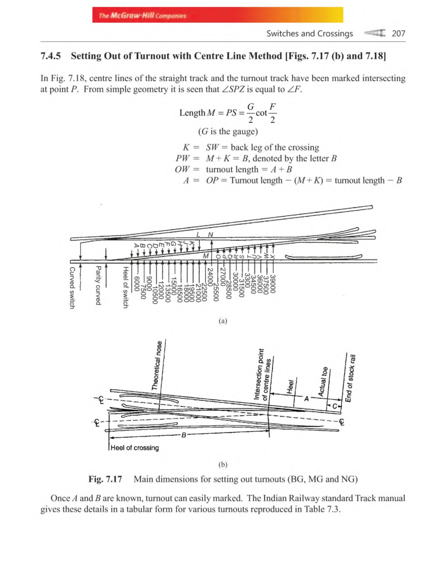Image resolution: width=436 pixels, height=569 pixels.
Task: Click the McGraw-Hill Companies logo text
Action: pyautogui.click(x=142, y=16)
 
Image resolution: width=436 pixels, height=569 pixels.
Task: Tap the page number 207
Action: pyautogui.click(x=398, y=33)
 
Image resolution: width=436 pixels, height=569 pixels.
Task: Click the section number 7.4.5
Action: pyautogui.click(x=51, y=56)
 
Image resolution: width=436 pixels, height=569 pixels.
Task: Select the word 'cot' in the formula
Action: pyautogui.click(x=261, y=113)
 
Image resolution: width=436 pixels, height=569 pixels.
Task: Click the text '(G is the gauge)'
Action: pyautogui.click(x=228, y=131)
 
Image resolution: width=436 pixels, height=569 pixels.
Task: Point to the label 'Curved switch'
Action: pyautogui.click(x=72, y=288)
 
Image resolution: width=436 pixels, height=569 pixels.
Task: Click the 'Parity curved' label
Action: pyautogui.click(x=98, y=285)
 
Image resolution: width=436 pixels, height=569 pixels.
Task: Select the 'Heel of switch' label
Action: pyautogui.click(x=125, y=287)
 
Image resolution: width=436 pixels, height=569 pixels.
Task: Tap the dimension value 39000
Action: pyautogui.click(x=273, y=284)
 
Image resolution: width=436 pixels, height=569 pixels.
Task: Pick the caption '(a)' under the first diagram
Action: pyautogui.click(x=223, y=320)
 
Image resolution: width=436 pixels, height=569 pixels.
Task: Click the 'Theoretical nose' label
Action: pyautogui.click(x=157, y=365)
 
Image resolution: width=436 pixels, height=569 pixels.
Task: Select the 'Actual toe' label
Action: pyautogui.click(x=322, y=381)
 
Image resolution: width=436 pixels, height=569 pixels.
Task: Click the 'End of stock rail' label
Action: pyautogui.click(x=350, y=378)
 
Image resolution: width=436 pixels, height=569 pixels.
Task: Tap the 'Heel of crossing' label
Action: pyautogui.click(x=134, y=448)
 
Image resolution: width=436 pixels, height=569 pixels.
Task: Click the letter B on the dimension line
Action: pyautogui.click(x=183, y=435)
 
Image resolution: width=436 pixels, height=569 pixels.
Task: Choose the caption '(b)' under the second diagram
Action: pyautogui.click(x=223, y=464)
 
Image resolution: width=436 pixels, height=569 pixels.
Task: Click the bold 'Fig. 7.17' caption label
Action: pyautogui.click(x=105, y=479)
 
